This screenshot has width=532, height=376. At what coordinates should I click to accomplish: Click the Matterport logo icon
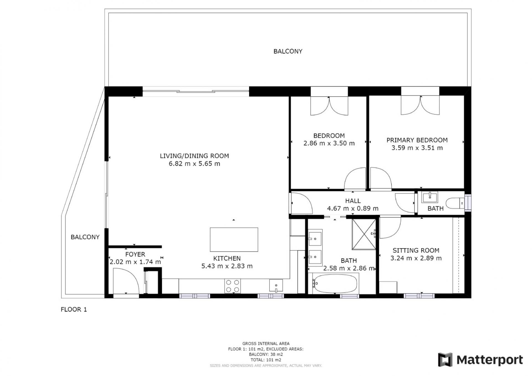click(445, 360)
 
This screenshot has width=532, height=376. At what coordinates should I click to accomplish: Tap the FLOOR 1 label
click(74, 310)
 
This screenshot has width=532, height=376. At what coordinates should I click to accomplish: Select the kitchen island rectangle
click(234, 240)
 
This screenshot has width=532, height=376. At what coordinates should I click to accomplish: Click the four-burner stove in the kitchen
click(232, 286)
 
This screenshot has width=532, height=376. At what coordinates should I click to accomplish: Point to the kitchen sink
click(276, 286)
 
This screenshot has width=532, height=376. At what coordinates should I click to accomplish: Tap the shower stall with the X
click(364, 234)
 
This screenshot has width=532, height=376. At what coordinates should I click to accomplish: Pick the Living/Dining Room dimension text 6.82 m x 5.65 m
click(195, 163)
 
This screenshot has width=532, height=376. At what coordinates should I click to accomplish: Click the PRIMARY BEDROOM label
click(417, 140)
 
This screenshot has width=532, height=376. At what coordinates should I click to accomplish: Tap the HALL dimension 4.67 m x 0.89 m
click(353, 208)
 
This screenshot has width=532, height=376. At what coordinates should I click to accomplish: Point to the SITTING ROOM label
click(416, 250)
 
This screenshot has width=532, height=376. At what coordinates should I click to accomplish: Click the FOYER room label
click(135, 254)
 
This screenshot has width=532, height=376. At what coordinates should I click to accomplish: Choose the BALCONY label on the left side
click(85, 237)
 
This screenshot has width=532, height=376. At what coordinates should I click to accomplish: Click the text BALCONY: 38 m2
click(266, 354)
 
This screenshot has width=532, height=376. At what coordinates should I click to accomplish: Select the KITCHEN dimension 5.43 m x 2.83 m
click(227, 266)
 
